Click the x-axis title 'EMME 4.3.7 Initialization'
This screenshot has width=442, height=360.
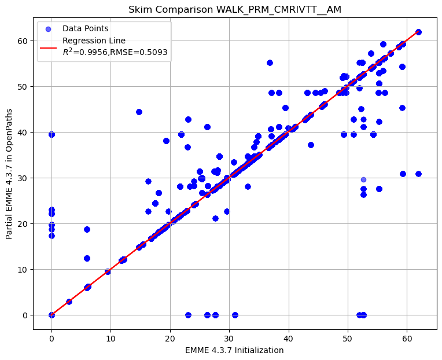234,350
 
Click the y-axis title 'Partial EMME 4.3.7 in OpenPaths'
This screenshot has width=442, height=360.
9,174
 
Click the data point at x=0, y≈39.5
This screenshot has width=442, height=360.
51,134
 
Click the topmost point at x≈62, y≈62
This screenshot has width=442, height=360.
418,32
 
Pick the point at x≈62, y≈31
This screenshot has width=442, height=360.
418,174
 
